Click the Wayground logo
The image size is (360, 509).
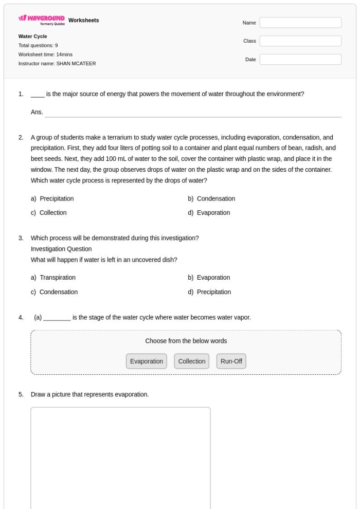tap(42, 21)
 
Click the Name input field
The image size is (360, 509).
tap(300, 23)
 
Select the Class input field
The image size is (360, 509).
tap(300, 41)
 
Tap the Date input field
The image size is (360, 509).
tap(300, 60)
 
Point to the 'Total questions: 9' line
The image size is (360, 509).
tap(38, 45)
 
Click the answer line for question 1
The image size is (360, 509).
tap(193, 113)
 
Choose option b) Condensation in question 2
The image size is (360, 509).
tap(215, 198)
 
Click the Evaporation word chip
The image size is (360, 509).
tap(147, 361)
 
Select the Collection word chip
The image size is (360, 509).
tap(192, 361)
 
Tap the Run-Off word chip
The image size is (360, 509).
tap(231, 361)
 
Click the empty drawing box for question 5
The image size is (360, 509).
tap(120, 458)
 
